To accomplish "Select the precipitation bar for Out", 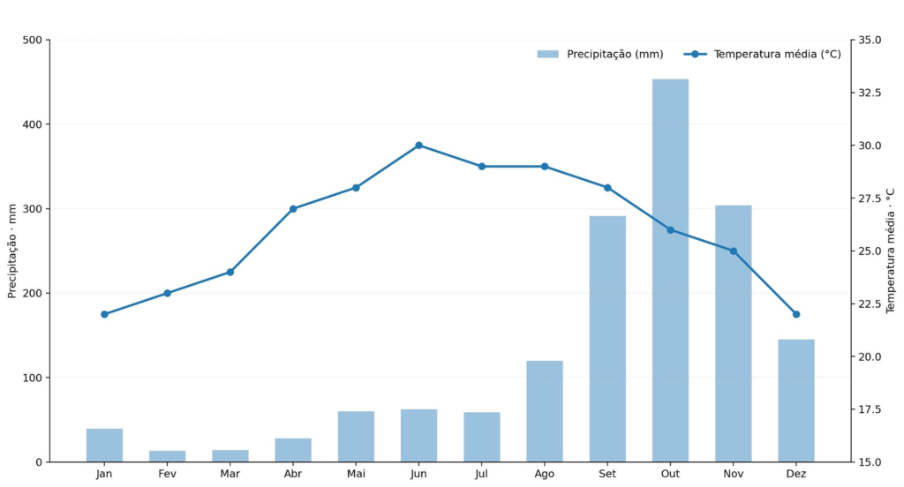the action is pyautogui.click(x=670, y=270).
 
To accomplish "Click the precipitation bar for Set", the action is pyautogui.click(x=607, y=339).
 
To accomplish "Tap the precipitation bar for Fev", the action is pyautogui.click(x=167, y=456).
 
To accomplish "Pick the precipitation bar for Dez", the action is pyautogui.click(x=796, y=401).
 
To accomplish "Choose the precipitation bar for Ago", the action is pyautogui.click(x=544, y=411).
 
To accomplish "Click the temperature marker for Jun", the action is pyautogui.click(x=418, y=146).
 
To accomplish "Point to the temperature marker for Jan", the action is pyautogui.click(x=104, y=314).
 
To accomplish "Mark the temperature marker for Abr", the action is pyautogui.click(x=293, y=208).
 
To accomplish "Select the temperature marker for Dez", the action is pyautogui.click(x=796, y=314).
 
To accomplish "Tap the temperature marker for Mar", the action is pyautogui.click(x=230, y=272).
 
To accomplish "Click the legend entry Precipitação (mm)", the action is pyautogui.click(x=600, y=54).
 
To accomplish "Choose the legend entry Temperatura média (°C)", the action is pyautogui.click(x=762, y=54).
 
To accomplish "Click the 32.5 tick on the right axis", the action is pyautogui.click(x=870, y=93).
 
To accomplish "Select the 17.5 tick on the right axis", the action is pyautogui.click(x=870, y=409).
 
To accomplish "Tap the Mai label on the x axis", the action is pyautogui.click(x=356, y=474).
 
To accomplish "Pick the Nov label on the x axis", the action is pyautogui.click(x=734, y=474).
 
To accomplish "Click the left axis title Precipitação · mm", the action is pyautogui.click(x=12, y=251).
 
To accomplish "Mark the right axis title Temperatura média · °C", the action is pyautogui.click(x=891, y=251).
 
